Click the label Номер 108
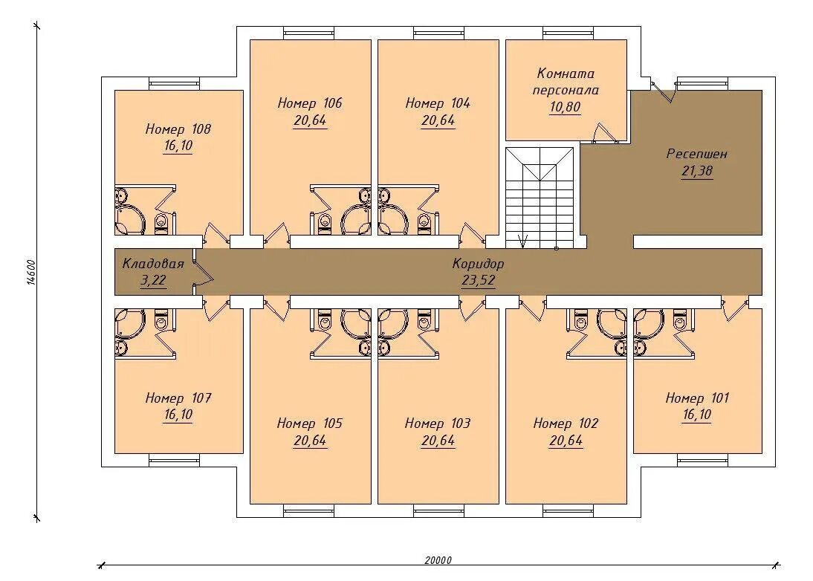pos(178,129)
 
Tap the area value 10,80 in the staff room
pos(565,107)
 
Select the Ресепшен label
pos(697,154)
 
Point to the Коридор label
pos(478,263)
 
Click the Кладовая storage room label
pos(153,263)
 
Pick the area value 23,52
pos(478,280)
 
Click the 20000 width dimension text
pos(438,560)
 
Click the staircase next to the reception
pos(540,198)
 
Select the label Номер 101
pos(697,398)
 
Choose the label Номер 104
pos(438,103)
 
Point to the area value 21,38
pos(697,171)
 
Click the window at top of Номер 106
pos(309,33)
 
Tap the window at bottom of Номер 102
pos(568,510)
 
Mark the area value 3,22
pos(153,280)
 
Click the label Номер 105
pos(310,423)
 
